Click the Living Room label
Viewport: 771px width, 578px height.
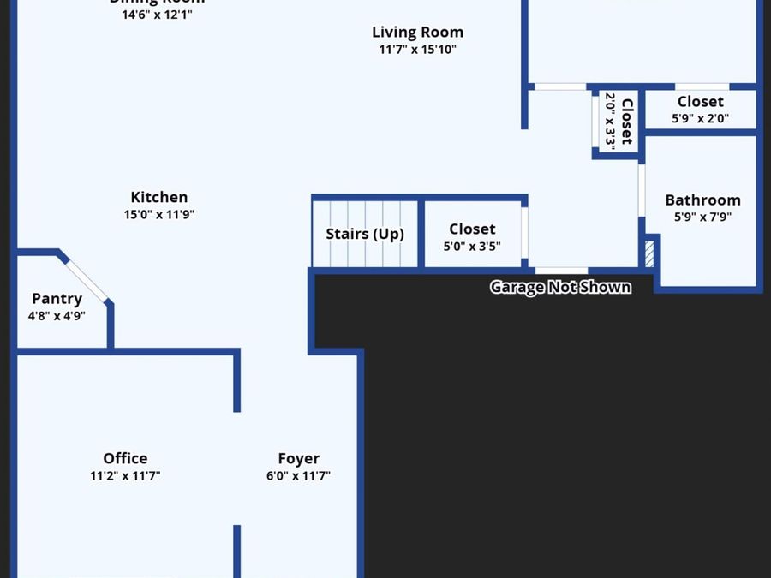click(417, 33)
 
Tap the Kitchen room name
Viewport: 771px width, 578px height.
click(158, 197)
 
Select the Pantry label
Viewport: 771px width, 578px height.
click(57, 299)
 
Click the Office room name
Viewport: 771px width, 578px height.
click(125, 458)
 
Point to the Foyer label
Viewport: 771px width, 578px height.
click(298, 458)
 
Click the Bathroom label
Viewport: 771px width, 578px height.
click(702, 200)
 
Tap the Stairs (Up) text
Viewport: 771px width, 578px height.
click(365, 234)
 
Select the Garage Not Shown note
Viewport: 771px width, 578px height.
click(560, 287)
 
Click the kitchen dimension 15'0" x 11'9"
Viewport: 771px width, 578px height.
click(158, 215)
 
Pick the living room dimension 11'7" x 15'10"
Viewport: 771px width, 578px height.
click(417, 50)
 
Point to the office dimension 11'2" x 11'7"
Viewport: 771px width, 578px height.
click(125, 476)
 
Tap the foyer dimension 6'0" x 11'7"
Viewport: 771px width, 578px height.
click(298, 476)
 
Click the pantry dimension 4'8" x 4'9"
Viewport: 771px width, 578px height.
click(57, 316)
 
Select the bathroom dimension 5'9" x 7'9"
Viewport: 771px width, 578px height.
click(702, 217)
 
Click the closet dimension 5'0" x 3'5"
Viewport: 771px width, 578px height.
click(472, 247)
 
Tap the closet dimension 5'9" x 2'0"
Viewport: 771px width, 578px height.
click(700, 119)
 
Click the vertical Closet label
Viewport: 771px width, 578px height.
click(627, 121)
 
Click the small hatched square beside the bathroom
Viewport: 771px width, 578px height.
click(648, 253)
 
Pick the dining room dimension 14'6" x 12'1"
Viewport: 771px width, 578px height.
click(157, 15)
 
